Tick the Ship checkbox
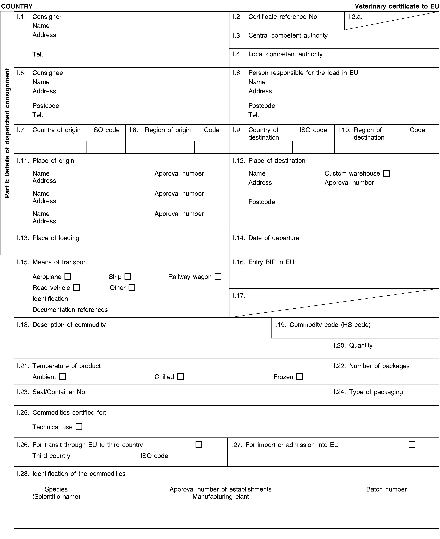point(128,276)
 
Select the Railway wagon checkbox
point(218,276)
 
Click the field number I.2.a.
point(355,17)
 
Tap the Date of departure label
point(274,238)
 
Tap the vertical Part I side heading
point(7,133)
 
